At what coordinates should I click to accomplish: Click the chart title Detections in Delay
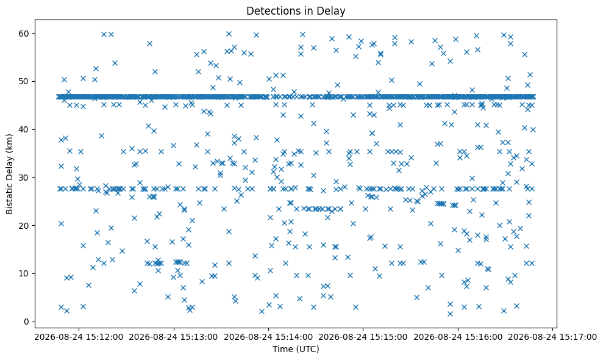tap(295, 11)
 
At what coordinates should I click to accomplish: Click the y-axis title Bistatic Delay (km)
tap(9, 174)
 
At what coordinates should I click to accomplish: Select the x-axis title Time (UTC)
tap(296, 349)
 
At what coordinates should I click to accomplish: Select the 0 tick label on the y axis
tap(27, 322)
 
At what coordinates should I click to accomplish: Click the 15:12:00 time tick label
tap(79, 337)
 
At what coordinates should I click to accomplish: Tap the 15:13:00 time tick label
tap(174, 337)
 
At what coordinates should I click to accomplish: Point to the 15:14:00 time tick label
tap(268, 337)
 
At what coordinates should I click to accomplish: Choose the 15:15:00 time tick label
tap(363, 337)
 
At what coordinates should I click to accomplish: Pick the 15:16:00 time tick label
tap(458, 337)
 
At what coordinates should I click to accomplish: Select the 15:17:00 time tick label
tap(552, 337)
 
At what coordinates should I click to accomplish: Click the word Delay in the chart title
tap(333, 11)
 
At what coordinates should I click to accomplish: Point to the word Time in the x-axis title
tap(282, 349)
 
